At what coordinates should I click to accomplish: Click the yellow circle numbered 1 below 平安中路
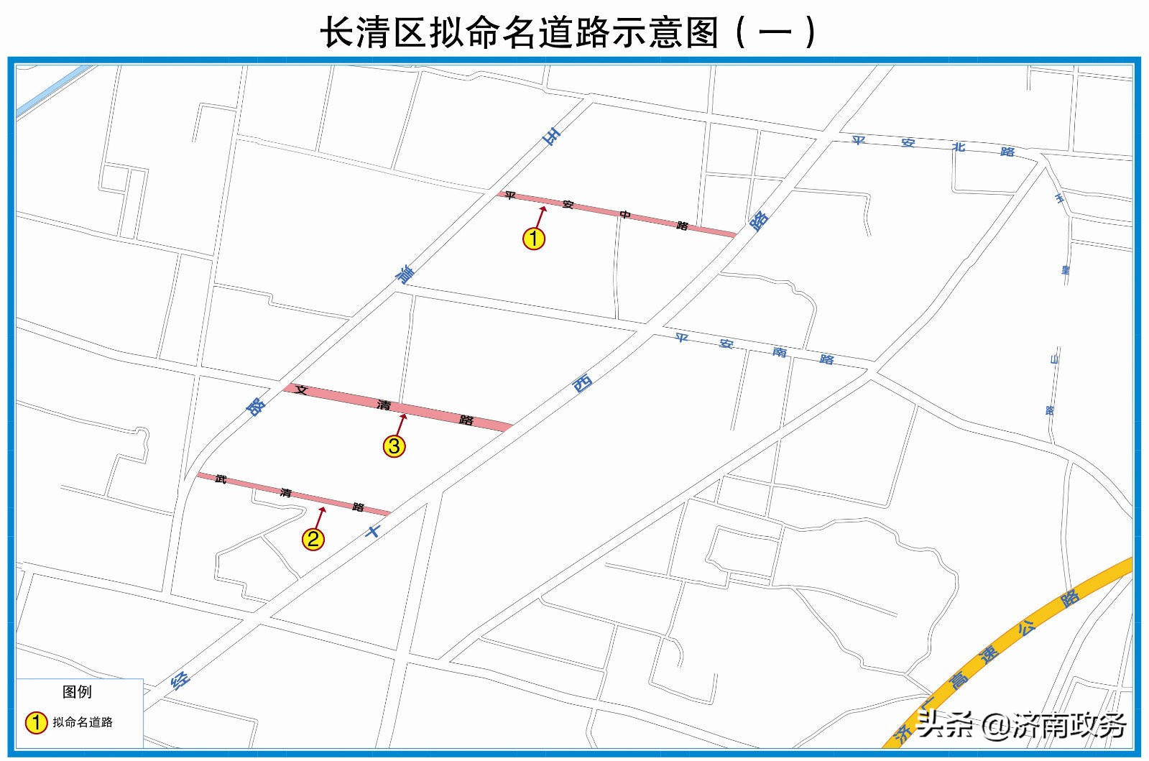pyautogui.click(x=533, y=239)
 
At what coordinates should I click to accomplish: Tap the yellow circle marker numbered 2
pyautogui.click(x=313, y=539)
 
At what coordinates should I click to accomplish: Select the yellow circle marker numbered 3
pyautogui.click(x=394, y=446)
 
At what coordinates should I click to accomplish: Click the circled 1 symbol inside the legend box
pyautogui.click(x=36, y=722)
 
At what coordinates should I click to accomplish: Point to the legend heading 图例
pyautogui.click(x=77, y=692)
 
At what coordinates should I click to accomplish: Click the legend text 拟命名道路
pyautogui.click(x=83, y=722)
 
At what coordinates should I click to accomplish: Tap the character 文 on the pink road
pyautogui.click(x=301, y=390)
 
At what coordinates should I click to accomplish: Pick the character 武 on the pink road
pyautogui.click(x=221, y=479)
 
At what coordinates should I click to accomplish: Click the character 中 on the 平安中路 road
pyautogui.click(x=625, y=214)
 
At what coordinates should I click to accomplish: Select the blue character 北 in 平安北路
pyautogui.click(x=959, y=147)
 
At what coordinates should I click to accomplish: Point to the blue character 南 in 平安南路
pyautogui.click(x=780, y=351)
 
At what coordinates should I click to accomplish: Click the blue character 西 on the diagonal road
pyautogui.click(x=582, y=384)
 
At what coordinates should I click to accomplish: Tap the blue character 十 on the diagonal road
pyautogui.click(x=373, y=532)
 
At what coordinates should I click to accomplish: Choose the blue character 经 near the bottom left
pyautogui.click(x=180, y=680)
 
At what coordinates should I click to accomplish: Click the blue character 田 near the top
pyautogui.click(x=552, y=136)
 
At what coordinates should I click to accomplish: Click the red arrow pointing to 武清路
pyautogui.click(x=320, y=517)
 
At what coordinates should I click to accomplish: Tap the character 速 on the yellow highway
pyautogui.click(x=989, y=655)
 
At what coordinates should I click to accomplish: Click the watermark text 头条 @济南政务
pyautogui.click(x=1020, y=726)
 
